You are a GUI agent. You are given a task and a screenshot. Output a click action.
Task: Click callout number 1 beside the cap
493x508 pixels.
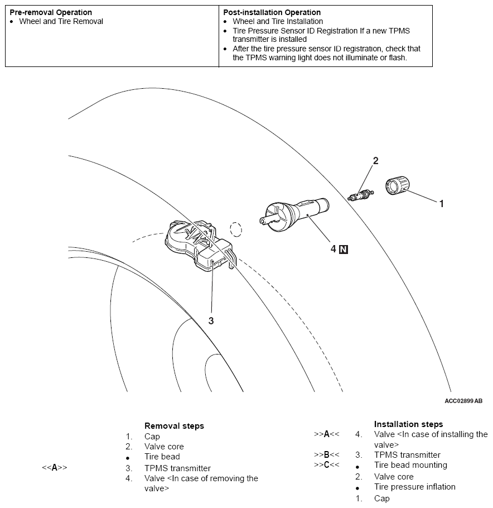click(441, 204)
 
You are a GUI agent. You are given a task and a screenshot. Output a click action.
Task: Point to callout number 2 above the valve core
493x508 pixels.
click(375, 161)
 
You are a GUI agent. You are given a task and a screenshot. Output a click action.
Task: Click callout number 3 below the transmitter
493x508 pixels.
click(211, 320)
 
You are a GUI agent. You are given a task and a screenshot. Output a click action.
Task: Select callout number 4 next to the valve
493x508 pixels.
click(333, 249)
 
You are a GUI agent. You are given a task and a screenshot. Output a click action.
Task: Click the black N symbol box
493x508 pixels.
click(344, 250)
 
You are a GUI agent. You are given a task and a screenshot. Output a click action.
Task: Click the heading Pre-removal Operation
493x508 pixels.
click(51, 12)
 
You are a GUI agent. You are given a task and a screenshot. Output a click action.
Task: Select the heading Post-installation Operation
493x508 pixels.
click(272, 12)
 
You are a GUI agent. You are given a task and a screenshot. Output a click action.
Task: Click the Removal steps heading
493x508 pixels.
click(174, 426)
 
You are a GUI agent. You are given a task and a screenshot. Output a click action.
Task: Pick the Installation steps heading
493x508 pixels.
click(408, 424)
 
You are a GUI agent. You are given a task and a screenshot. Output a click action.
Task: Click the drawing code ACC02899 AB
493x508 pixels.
click(463, 401)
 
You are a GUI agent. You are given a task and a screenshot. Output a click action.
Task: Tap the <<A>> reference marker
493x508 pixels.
click(55, 468)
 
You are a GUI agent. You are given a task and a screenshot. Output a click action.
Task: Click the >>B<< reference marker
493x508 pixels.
click(326, 454)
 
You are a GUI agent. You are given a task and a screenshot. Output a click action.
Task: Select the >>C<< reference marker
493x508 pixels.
click(326, 464)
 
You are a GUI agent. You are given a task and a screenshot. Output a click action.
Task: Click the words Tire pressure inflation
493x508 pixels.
click(414, 487)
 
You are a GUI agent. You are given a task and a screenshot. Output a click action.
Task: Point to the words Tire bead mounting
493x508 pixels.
click(410, 465)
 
